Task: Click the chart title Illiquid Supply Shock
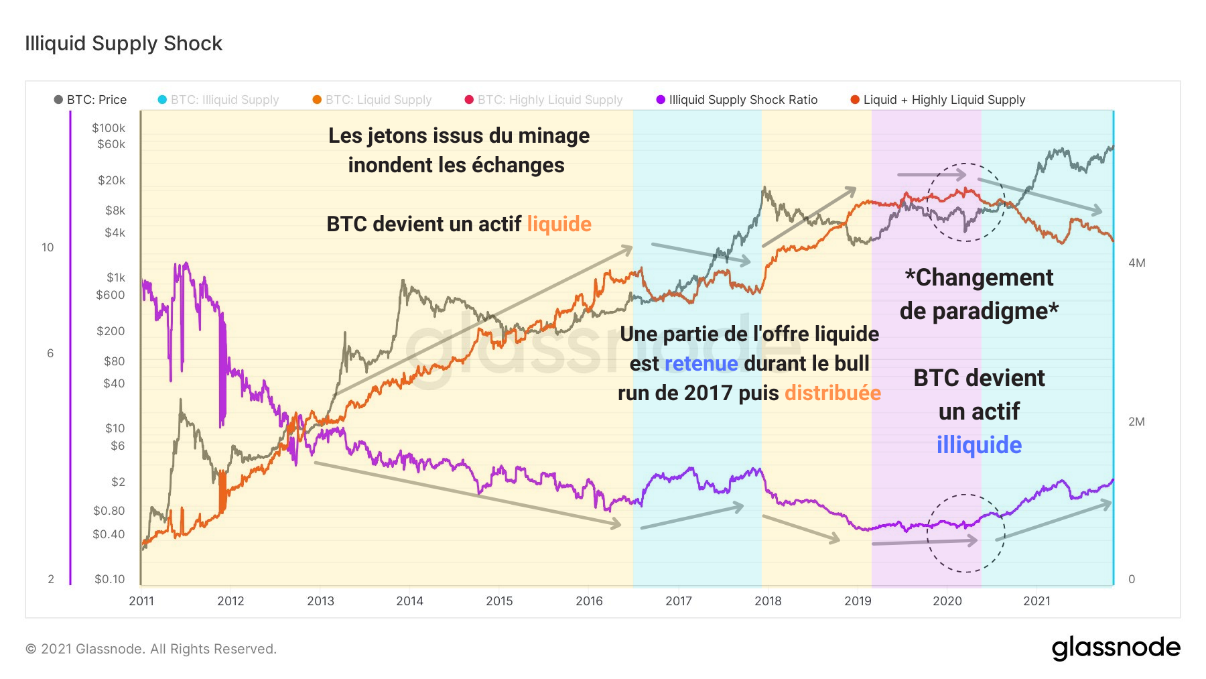click(x=123, y=44)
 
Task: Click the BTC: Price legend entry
click(x=90, y=100)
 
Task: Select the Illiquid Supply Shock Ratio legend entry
click(x=737, y=100)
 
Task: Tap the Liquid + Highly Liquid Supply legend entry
click(x=938, y=100)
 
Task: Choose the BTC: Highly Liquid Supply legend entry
click(x=544, y=100)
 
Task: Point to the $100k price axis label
click(x=109, y=128)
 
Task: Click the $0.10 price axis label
click(x=109, y=579)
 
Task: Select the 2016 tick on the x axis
click(x=589, y=601)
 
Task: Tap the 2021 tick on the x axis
click(x=1036, y=601)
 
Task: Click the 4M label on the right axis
click(x=1136, y=263)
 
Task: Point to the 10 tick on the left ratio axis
click(x=48, y=247)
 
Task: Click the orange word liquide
click(x=559, y=224)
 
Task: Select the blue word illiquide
click(x=979, y=445)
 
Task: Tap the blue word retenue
click(x=701, y=363)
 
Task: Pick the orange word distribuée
click(x=832, y=393)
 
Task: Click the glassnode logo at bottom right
click(x=1116, y=647)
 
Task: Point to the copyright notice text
click(x=151, y=649)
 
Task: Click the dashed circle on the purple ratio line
click(x=965, y=534)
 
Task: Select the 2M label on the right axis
click(x=1136, y=422)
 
